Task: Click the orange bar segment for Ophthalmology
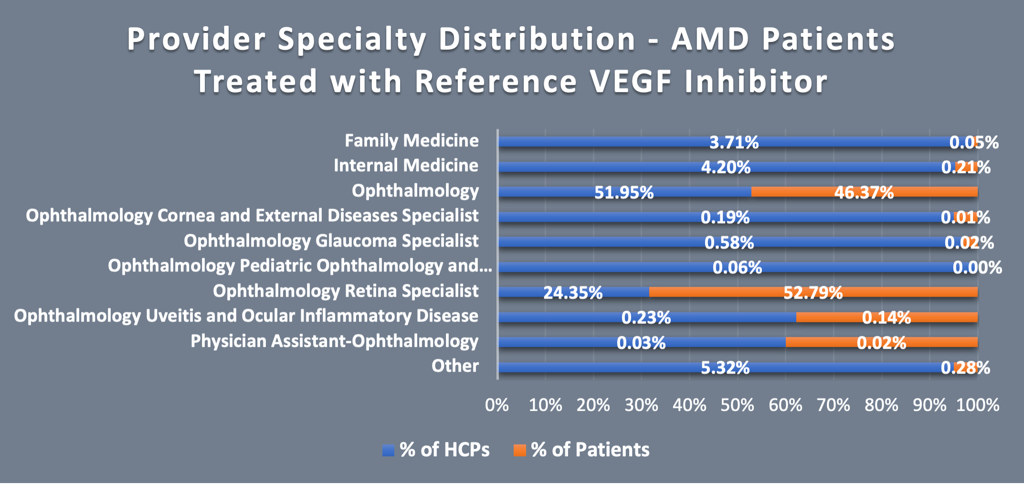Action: [864, 192]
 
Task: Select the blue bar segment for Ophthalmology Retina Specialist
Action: [573, 292]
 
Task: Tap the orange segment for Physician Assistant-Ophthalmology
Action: [881, 342]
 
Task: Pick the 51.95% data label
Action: [624, 193]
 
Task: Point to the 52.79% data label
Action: [813, 292]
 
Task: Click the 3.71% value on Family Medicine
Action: [734, 142]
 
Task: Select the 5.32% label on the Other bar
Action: [725, 368]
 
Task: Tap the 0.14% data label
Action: [887, 318]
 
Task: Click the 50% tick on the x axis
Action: [737, 405]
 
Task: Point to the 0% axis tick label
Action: [497, 405]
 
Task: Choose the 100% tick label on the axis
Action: [978, 405]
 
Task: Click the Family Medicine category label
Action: [412, 141]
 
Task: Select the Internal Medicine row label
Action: [406, 165]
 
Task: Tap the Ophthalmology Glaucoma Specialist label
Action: [331, 241]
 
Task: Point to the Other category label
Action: [455, 366]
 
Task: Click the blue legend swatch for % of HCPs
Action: [388, 450]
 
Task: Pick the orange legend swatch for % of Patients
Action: [519, 450]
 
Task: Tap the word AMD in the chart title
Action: [710, 39]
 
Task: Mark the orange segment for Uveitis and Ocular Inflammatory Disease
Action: [887, 318]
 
